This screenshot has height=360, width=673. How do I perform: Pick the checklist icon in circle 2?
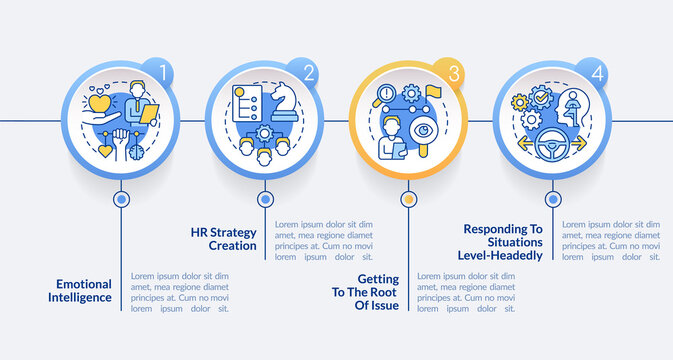tap(245, 104)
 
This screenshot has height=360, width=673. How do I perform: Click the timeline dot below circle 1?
tap(122, 199)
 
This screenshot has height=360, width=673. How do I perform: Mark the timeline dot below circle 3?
tap(407, 199)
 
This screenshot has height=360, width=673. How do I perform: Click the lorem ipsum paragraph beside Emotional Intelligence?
tap(180, 291)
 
